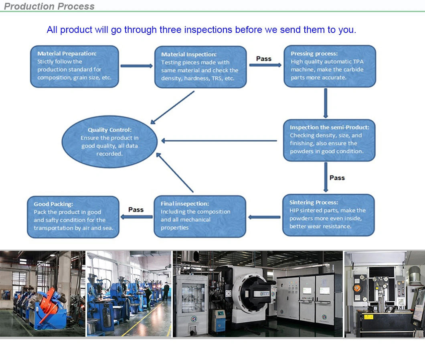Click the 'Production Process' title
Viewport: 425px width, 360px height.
click(x=49, y=6)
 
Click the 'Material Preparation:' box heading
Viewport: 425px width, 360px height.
click(x=67, y=53)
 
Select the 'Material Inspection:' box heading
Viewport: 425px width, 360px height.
click(x=188, y=54)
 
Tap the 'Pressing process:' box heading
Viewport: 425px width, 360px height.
click(x=314, y=53)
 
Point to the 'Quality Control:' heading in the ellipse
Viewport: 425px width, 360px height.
click(x=109, y=130)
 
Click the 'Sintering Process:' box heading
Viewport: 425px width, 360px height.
click(x=314, y=202)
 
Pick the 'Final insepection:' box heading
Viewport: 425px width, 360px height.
click(x=185, y=203)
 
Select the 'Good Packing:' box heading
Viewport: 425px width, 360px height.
click(x=53, y=204)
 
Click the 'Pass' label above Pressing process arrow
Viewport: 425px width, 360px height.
click(x=264, y=59)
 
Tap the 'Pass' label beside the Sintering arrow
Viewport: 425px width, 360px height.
click(x=337, y=177)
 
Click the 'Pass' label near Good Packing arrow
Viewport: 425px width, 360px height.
click(x=136, y=209)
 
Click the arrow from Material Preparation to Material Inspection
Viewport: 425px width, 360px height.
click(x=136, y=66)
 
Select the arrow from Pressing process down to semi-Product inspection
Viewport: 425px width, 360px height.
click(x=326, y=102)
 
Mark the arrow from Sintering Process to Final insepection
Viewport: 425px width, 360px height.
click(x=264, y=217)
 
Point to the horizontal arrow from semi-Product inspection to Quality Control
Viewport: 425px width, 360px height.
click(x=219, y=140)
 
